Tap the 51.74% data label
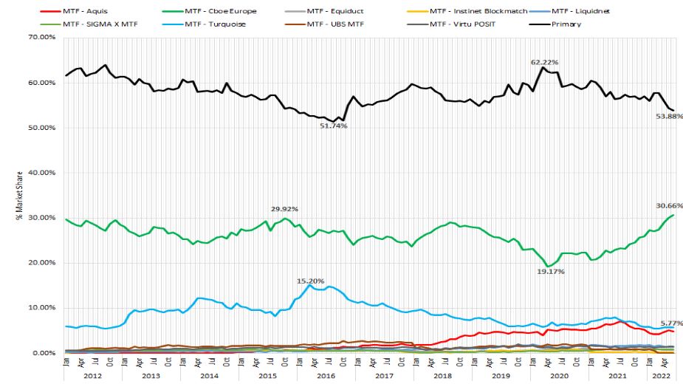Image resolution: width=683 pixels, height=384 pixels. [x=333, y=126]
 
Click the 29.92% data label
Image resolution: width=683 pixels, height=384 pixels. [x=284, y=209]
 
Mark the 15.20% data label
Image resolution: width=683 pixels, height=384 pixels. [x=311, y=281]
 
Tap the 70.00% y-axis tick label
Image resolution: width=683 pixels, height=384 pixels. [x=41, y=38]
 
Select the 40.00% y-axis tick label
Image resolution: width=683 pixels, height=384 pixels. [x=41, y=173]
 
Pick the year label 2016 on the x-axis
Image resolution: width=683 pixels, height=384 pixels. [x=325, y=375]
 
